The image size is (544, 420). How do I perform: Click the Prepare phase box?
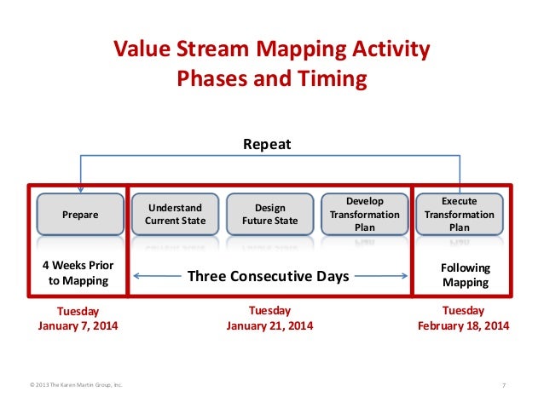click(x=80, y=214)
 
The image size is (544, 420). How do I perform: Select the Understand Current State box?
click(x=175, y=214)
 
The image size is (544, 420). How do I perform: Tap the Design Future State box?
click(x=270, y=214)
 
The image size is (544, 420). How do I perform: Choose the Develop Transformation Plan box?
click(x=365, y=214)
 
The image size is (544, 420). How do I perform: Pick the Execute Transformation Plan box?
click(x=460, y=214)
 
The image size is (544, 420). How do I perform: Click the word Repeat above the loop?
click(x=267, y=144)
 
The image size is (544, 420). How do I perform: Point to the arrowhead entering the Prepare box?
click(x=80, y=190)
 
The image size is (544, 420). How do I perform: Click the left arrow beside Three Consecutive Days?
click(x=157, y=276)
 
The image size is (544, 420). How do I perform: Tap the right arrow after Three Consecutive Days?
click(x=381, y=276)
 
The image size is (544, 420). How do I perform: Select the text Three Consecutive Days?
click(x=269, y=276)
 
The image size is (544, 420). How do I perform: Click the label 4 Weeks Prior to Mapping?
click(x=78, y=273)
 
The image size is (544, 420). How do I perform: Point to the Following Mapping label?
click(x=466, y=275)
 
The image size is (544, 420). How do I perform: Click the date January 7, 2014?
click(x=78, y=325)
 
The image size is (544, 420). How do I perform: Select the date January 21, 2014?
click(x=269, y=325)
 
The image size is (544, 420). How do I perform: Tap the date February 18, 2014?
click(x=464, y=325)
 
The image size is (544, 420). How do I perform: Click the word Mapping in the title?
click(x=301, y=49)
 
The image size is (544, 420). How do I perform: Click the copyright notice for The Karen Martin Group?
click(x=76, y=385)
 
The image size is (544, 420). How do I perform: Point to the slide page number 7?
click(x=504, y=385)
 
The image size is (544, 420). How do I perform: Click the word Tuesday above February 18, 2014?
click(x=463, y=311)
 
